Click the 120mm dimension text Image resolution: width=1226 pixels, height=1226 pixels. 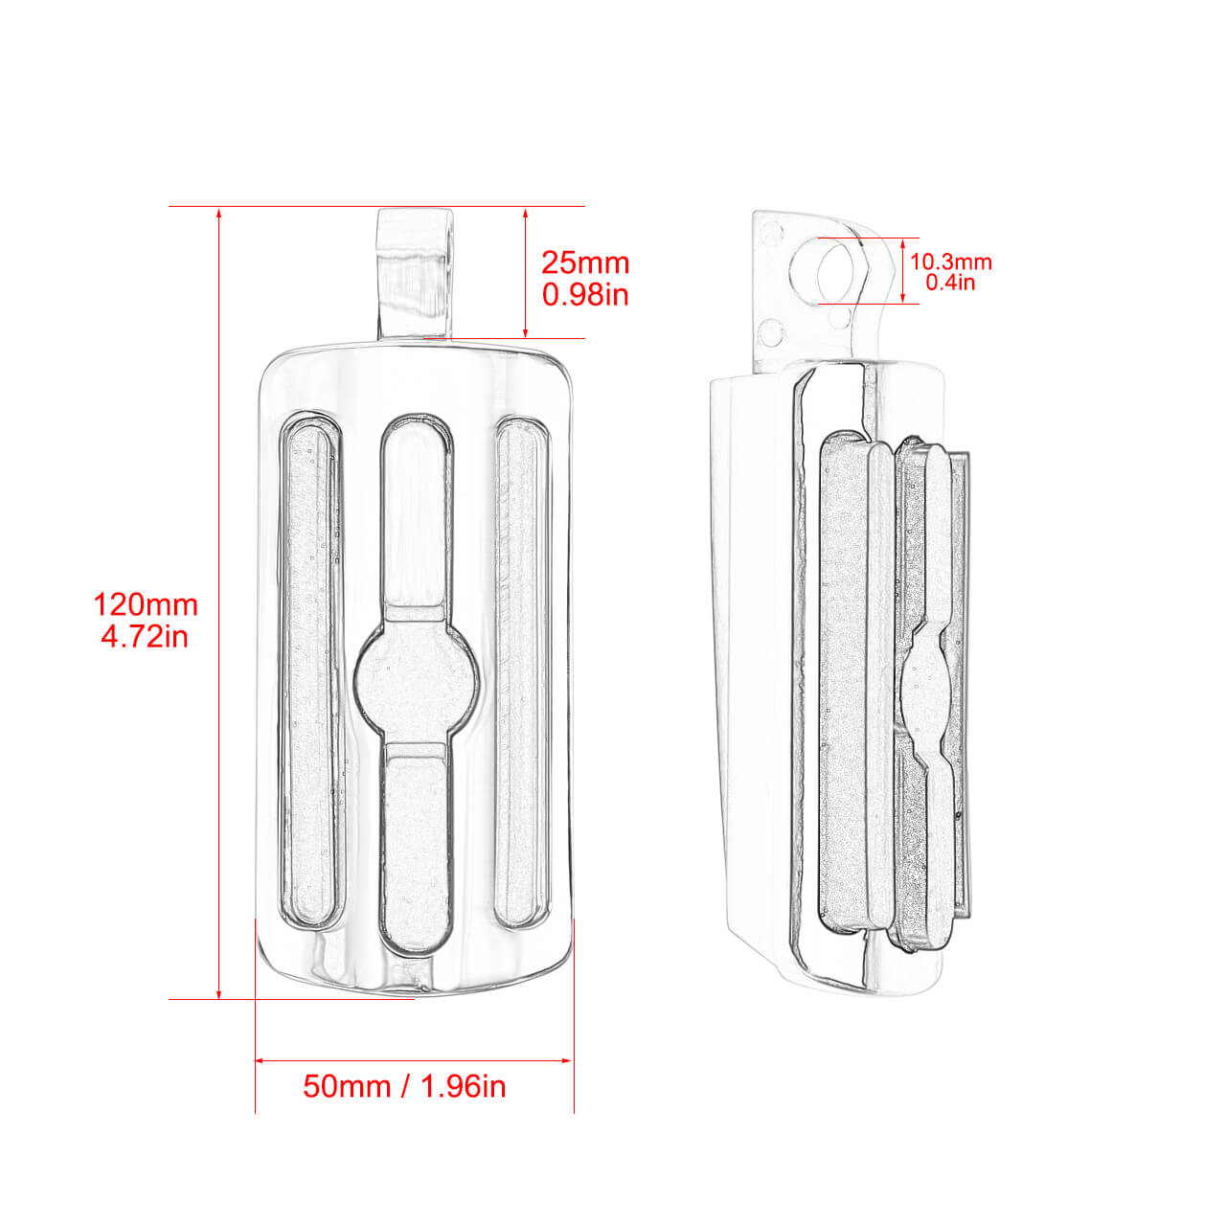point(145,604)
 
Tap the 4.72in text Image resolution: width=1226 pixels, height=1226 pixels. point(145,636)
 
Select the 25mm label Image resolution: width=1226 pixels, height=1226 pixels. point(585,262)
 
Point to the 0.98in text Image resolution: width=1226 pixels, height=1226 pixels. point(585,294)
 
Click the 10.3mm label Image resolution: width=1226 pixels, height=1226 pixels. point(950,261)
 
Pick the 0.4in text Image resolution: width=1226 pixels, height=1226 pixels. point(950,283)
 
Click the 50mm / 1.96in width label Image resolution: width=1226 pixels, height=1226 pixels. point(404,1086)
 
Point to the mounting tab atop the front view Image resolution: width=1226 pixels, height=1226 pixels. point(416,273)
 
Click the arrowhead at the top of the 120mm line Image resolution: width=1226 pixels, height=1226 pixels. point(219,214)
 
